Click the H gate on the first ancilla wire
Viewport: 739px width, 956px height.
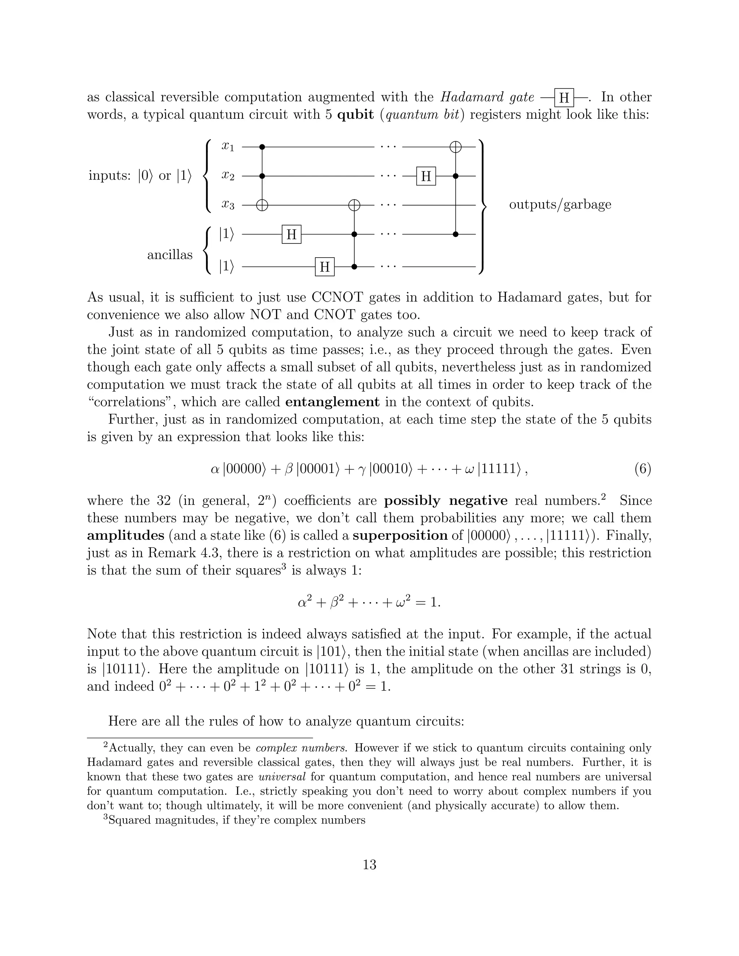(x=291, y=234)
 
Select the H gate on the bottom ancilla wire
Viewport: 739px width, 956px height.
(x=324, y=267)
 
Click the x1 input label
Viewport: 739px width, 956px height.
(x=228, y=147)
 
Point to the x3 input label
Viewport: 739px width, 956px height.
(x=228, y=205)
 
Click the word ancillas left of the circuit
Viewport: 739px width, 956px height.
(x=170, y=255)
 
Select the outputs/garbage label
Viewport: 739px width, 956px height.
(x=560, y=205)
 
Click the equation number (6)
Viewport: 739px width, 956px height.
(x=642, y=470)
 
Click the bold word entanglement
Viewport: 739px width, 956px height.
(x=332, y=402)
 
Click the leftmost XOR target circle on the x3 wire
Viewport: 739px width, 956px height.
(x=262, y=205)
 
